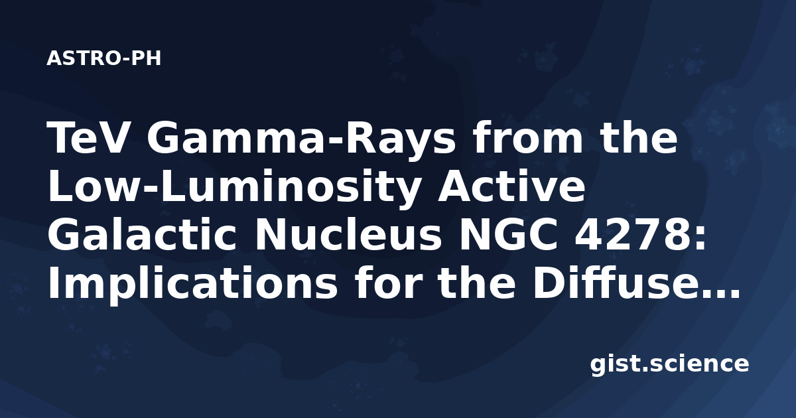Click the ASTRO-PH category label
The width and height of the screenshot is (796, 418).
(x=103, y=58)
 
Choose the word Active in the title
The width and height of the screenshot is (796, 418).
(x=511, y=186)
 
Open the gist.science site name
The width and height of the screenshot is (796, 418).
(x=669, y=364)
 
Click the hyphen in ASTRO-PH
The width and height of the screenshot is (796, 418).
(x=126, y=60)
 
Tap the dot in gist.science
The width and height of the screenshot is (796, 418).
(x=645, y=370)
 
